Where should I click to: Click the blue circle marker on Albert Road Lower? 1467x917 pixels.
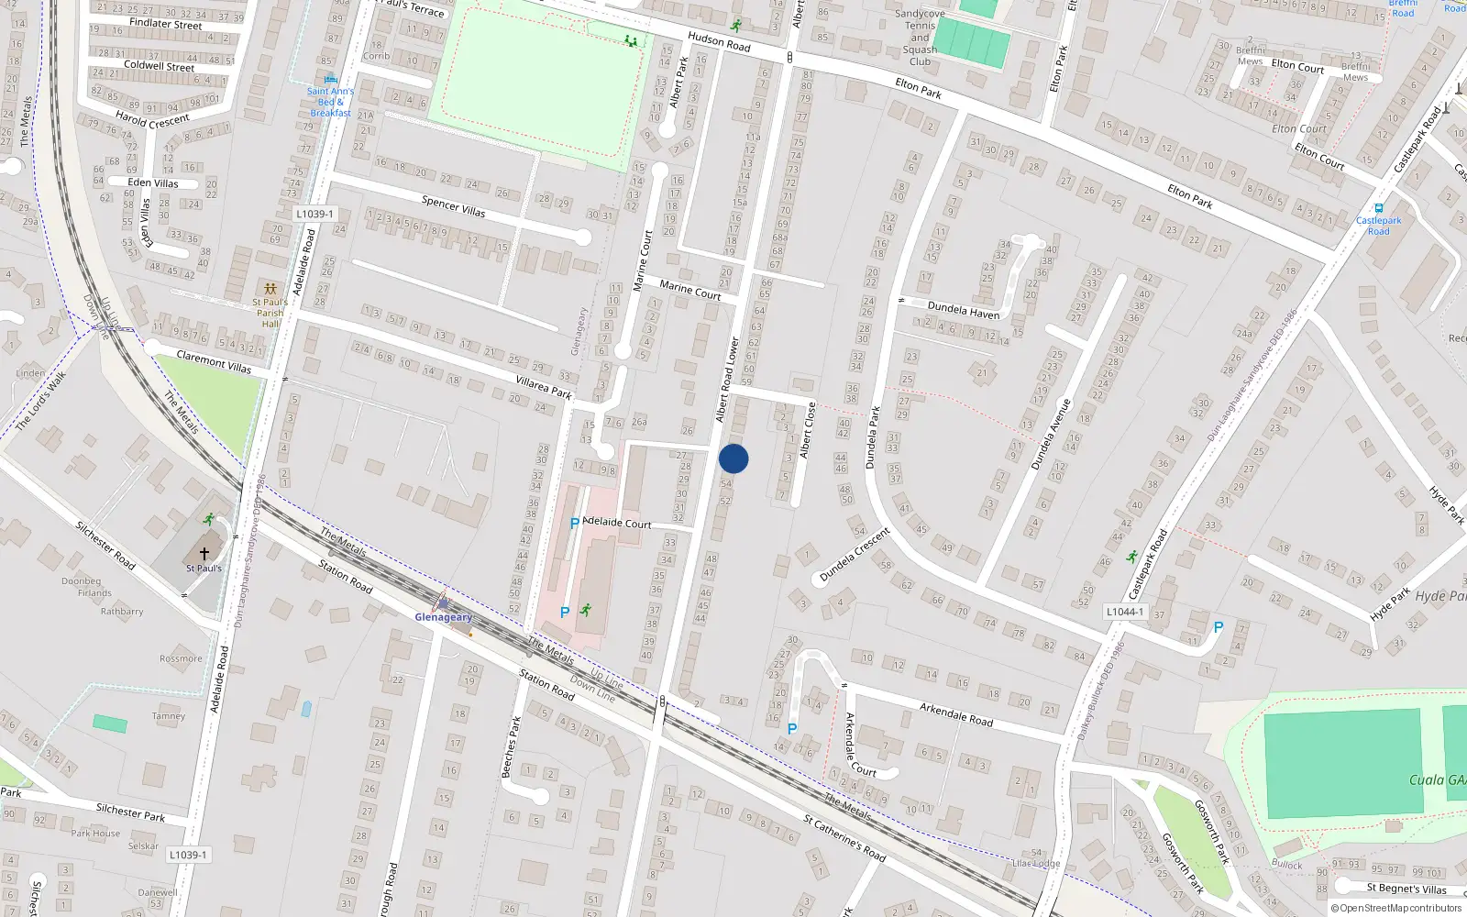coord(733,458)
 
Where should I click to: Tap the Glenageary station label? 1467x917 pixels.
coord(443,617)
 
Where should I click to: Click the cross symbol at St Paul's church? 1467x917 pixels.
coord(204,554)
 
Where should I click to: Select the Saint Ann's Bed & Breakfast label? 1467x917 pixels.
coord(330,102)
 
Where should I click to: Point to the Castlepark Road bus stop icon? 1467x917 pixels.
coord(1378,208)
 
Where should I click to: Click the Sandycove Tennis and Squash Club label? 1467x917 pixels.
coord(920,38)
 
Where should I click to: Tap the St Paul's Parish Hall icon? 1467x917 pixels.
coord(270,288)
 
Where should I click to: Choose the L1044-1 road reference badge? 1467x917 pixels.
coord(1124,612)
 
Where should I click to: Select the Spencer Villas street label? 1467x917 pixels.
coord(454,206)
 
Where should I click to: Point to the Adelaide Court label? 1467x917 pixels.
coord(617,523)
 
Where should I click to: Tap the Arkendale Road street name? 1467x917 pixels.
coord(956,714)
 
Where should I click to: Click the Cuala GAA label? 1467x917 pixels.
coord(1437,779)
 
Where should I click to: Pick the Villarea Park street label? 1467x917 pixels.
coord(544,388)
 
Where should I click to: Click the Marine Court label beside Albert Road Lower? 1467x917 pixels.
coord(690,290)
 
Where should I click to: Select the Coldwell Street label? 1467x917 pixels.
coord(159,66)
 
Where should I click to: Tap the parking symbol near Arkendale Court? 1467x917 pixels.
coord(792,729)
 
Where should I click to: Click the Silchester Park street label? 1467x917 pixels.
coord(131,812)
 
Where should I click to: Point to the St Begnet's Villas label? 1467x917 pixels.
coord(1406,888)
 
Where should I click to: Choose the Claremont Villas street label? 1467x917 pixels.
coord(214,361)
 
